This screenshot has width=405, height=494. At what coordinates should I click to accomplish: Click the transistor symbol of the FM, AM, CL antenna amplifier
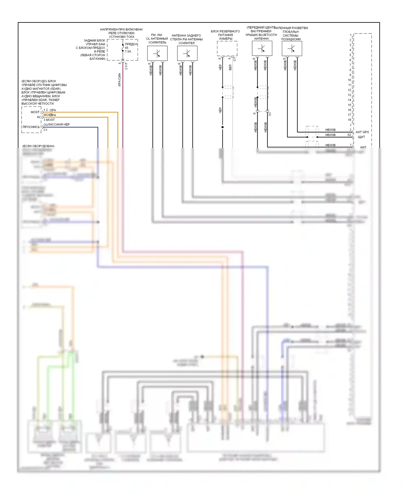(157, 53)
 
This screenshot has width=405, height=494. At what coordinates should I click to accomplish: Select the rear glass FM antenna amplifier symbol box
(187, 53)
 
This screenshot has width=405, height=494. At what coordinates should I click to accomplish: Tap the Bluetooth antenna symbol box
(262, 48)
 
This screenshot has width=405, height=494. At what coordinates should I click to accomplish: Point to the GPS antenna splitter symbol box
(292, 49)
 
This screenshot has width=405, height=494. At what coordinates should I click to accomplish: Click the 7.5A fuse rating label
(128, 51)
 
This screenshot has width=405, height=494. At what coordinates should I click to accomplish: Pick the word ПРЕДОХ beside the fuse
(131, 44)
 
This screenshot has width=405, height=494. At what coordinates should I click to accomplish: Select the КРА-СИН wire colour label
(119, 80)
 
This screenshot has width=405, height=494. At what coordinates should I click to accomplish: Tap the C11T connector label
(126, 66)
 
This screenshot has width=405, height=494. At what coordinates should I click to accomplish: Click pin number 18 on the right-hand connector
(350, 120)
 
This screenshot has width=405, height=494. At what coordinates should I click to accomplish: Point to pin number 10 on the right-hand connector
(350, 80)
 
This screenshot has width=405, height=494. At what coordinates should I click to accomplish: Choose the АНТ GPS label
(362, 132)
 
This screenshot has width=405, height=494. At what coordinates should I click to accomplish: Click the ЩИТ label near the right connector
(361, 137)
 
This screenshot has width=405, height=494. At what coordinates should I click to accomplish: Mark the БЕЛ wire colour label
(230, 67)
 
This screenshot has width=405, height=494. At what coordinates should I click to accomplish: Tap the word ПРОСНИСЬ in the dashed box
(31, 127)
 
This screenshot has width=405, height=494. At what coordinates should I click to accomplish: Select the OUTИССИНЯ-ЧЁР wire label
(57, 125)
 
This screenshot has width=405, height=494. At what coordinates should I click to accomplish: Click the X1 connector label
(270, 114)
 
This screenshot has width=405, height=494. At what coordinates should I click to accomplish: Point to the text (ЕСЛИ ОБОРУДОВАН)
(38, 146)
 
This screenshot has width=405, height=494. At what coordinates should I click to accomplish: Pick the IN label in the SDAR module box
(38, 117)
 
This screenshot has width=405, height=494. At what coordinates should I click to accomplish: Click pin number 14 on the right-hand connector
(350, 100)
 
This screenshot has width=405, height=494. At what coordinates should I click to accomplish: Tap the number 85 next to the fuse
(127, 48)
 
